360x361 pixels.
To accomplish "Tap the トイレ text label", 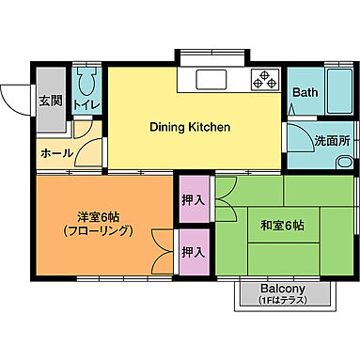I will pos(86,104).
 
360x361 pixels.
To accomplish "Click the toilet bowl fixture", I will pos(86,80).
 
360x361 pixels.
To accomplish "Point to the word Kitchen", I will pos(211,127).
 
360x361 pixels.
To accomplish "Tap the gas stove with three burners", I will pos(264,80).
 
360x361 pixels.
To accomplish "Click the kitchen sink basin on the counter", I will pos(212,79).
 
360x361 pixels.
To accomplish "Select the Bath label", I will pos(305,92).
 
